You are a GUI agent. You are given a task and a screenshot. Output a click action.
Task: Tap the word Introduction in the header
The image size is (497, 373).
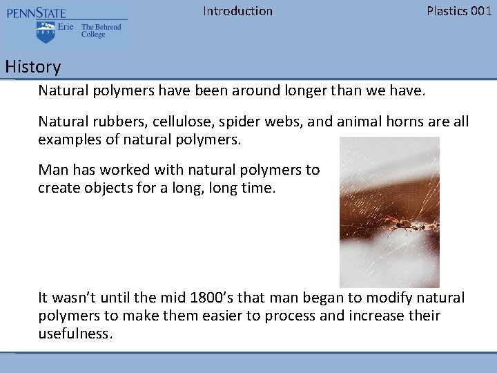click(237, 11)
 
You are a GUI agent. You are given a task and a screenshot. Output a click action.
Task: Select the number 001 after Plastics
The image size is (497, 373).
click(480, 11)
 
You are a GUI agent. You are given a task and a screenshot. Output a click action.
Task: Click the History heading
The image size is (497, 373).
click(32, 67)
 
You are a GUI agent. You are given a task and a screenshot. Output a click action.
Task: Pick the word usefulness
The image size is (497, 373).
click(75, 334)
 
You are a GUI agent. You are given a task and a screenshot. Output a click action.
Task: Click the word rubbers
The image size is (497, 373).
click(116, 122)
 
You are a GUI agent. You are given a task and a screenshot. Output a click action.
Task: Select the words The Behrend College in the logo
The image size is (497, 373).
click(101, 31)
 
